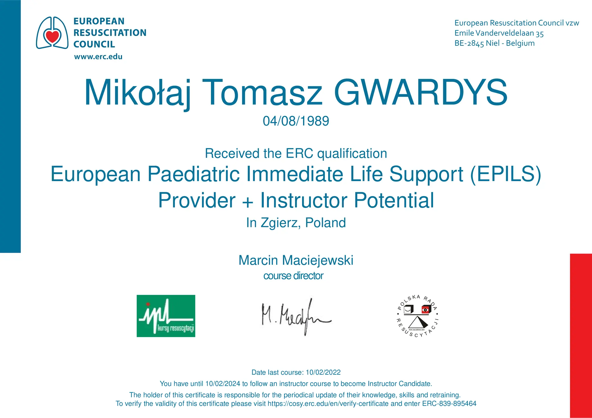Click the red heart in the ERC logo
(52, 36)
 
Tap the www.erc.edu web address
(98, 57)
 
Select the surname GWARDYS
(421, 92)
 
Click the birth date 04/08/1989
(296, 121)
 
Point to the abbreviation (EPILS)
(505, 174)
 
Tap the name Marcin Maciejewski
(296, 260)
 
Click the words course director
(293, 276)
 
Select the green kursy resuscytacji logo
(166, 316)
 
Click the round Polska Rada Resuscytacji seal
(418, 316)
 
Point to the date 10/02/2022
(323, 372)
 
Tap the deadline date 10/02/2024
(223, 384)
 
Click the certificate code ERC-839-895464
(449, 404)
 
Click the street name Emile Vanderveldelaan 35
(499, 33)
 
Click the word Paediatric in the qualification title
(194, 174)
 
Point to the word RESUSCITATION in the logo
(110, 33)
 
